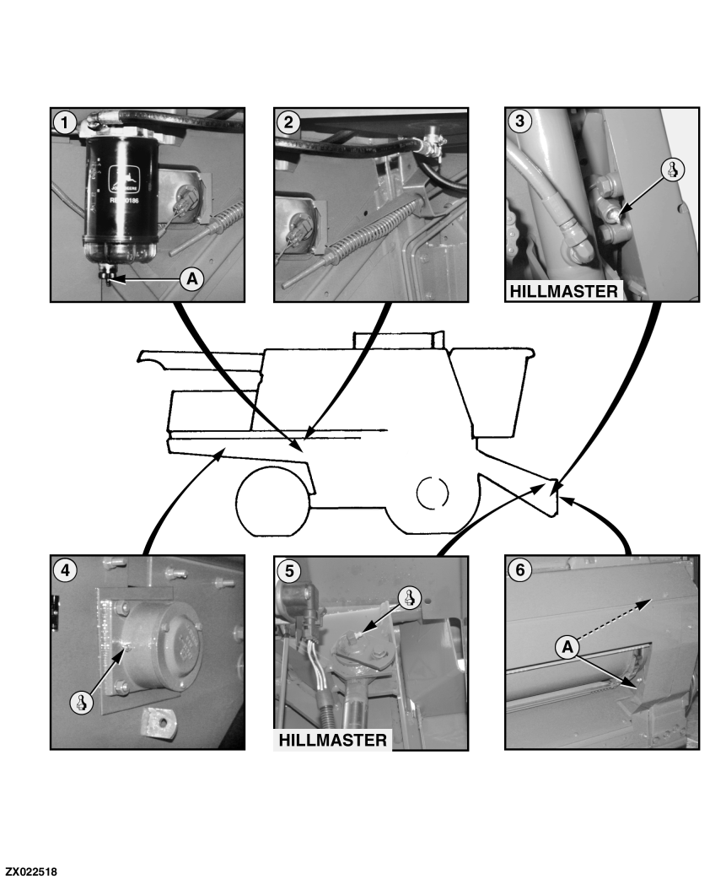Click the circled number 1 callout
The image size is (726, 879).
click(x=62, y=121)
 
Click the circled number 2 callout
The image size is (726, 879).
click(x=288, y=121)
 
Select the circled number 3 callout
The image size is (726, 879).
click(x=519, y=121)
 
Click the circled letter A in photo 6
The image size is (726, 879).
click(x=567, y=647)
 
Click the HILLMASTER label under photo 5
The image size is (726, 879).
click(x=333, y=740)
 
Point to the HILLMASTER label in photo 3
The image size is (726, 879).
click(x=563, y=292)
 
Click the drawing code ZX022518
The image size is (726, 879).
click(x=31, y=869)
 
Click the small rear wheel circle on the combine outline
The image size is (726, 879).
click(x=434, y=492)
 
